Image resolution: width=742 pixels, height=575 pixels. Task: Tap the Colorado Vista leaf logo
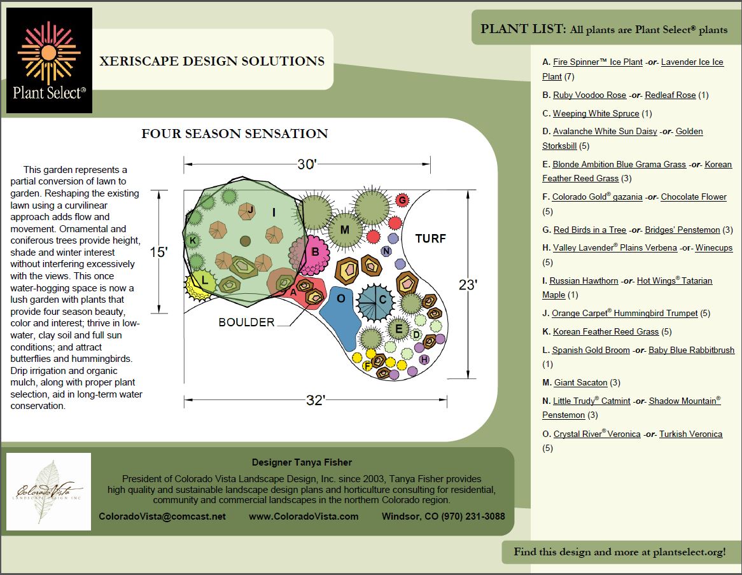pos(48,491)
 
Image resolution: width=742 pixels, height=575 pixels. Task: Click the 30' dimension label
pos(307,164)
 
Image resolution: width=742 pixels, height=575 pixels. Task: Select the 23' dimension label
pos(468,285)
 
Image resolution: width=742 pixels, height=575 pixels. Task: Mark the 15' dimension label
pos(158,252)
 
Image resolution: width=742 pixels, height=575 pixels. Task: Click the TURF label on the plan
pos(431,239)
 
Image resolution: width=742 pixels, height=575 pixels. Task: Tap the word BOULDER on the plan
pos(246,322)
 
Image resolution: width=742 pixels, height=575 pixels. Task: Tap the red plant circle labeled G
pos(402,201)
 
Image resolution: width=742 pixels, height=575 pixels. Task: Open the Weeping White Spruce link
pos(596,114)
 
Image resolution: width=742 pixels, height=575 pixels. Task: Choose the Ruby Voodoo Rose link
pos(589,95)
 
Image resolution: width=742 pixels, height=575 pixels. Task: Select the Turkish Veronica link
pos(690,434)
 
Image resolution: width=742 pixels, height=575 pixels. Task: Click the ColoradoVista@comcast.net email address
pos(162,516)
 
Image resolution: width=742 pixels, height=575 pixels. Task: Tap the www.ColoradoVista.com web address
pos(304,516)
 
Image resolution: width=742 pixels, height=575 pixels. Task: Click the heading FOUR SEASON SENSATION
pos(235,134)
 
